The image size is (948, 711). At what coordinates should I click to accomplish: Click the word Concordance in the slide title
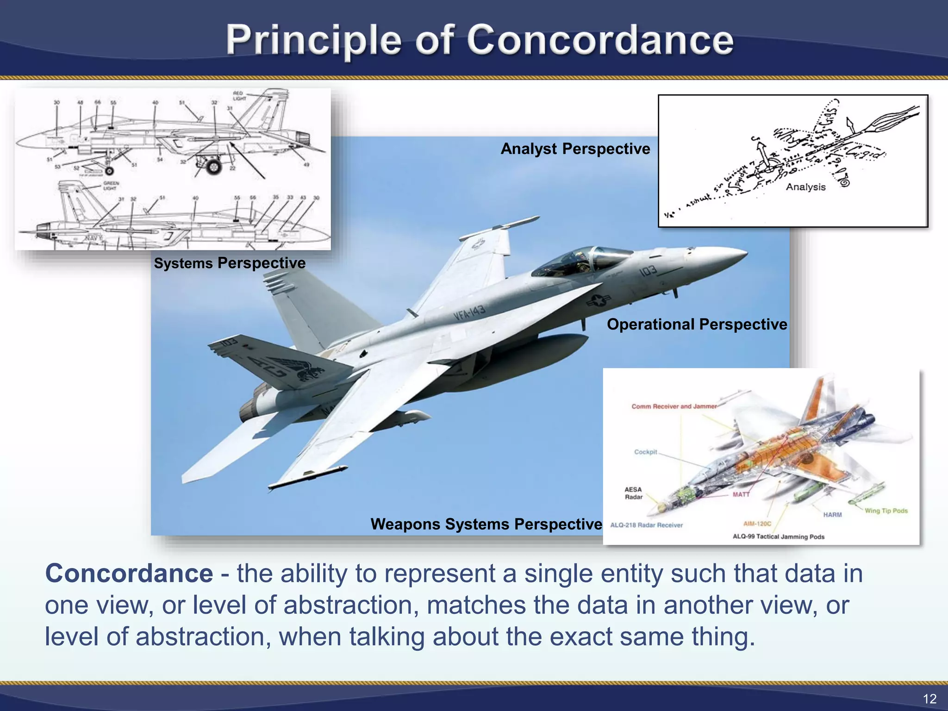pos(600,41)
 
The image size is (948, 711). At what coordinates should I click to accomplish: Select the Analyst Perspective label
pos(575,149)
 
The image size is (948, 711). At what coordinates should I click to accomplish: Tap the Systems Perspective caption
pos(230,263)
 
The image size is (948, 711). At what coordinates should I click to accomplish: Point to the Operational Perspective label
pos(697,324)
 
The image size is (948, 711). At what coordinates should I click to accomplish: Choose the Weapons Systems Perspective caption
pos(486,524)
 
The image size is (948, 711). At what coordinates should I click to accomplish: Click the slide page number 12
pos(929,699)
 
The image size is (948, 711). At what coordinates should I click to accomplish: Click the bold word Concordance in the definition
pos(129,574)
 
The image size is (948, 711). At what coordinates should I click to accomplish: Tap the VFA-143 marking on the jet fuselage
pos(469,312)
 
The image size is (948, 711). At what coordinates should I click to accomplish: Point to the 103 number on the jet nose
pos(648,270)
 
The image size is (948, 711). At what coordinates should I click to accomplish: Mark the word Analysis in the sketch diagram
pos(805,187)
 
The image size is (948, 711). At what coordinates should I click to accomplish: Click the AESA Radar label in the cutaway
pos(633,493)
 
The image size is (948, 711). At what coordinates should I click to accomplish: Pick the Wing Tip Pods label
pos(886,511)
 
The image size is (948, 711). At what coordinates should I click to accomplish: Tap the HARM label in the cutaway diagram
pos(832,515)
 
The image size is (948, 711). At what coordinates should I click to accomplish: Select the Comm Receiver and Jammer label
pos(674,406)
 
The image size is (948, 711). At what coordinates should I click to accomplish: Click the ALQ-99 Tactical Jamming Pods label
pos(778,536)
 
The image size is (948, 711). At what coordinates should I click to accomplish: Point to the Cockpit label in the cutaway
pos(645,452)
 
